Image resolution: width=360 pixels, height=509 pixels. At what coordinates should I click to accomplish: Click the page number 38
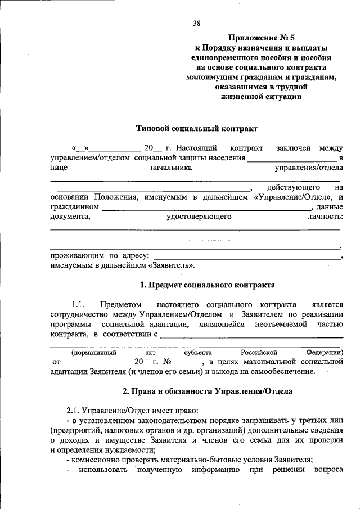point(196,23)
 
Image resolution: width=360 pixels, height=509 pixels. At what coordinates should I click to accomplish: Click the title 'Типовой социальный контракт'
point(197,128)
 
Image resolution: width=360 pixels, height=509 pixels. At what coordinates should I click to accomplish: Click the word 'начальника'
point(171,168)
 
